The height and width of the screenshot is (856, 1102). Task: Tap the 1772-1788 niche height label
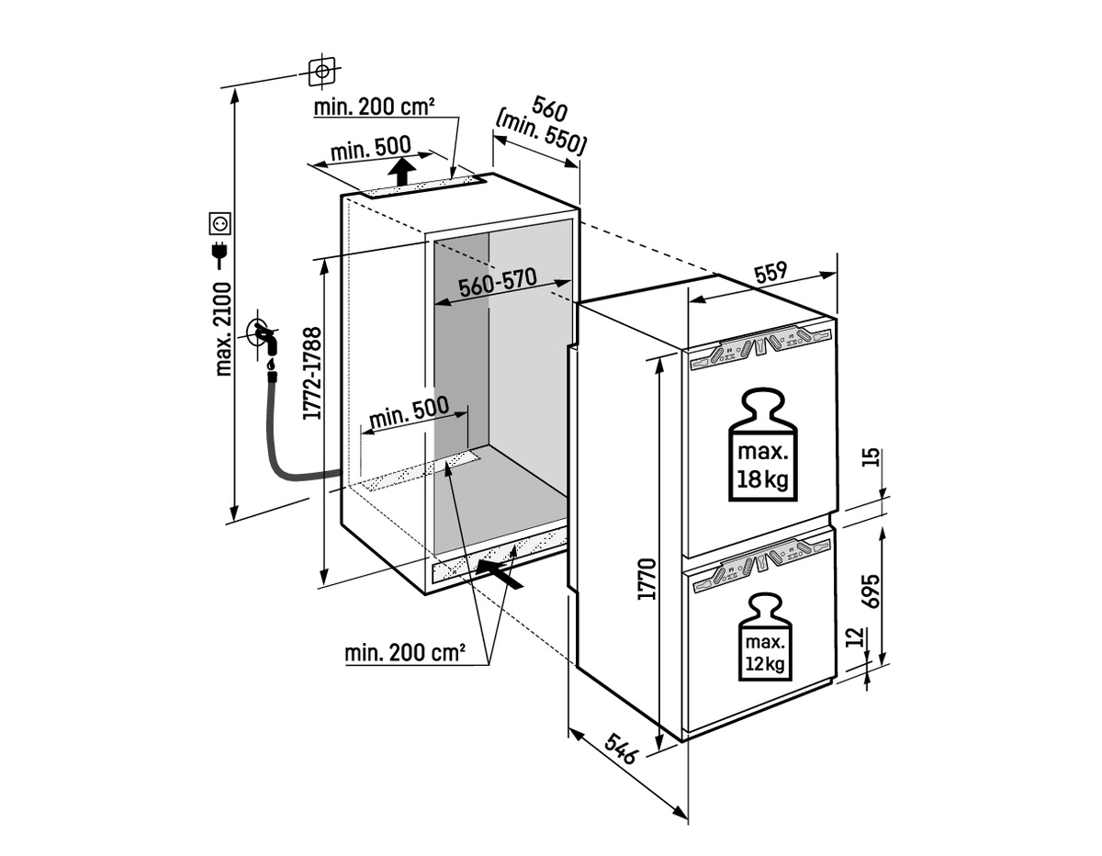pyautogui.click(x=312, y=374)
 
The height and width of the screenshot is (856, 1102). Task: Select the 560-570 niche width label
pyautogui.click(x=498, y=284)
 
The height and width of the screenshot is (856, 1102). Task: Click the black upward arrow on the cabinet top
pyautogui.click(x=399, y=171)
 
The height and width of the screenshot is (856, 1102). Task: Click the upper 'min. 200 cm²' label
pyautogui.click(x=374, y=107)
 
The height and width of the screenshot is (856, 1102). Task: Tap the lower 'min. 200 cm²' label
pyautogui.click(x=405, y=654)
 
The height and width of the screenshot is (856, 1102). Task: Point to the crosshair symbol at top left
pyautogui.click(x=320, y=70)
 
